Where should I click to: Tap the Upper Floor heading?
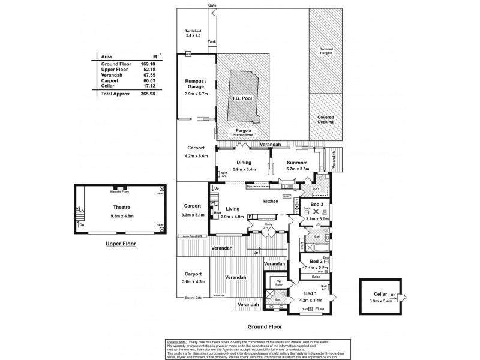click(x=121, y=244)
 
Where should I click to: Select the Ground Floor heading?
click(x=265, y=327)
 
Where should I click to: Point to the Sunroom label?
click(x=298, y=163)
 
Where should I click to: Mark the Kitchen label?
click(x=271, y=202)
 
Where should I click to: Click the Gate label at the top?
click(x=212, y=5)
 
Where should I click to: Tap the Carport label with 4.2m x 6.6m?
click(x=196, y=148)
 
